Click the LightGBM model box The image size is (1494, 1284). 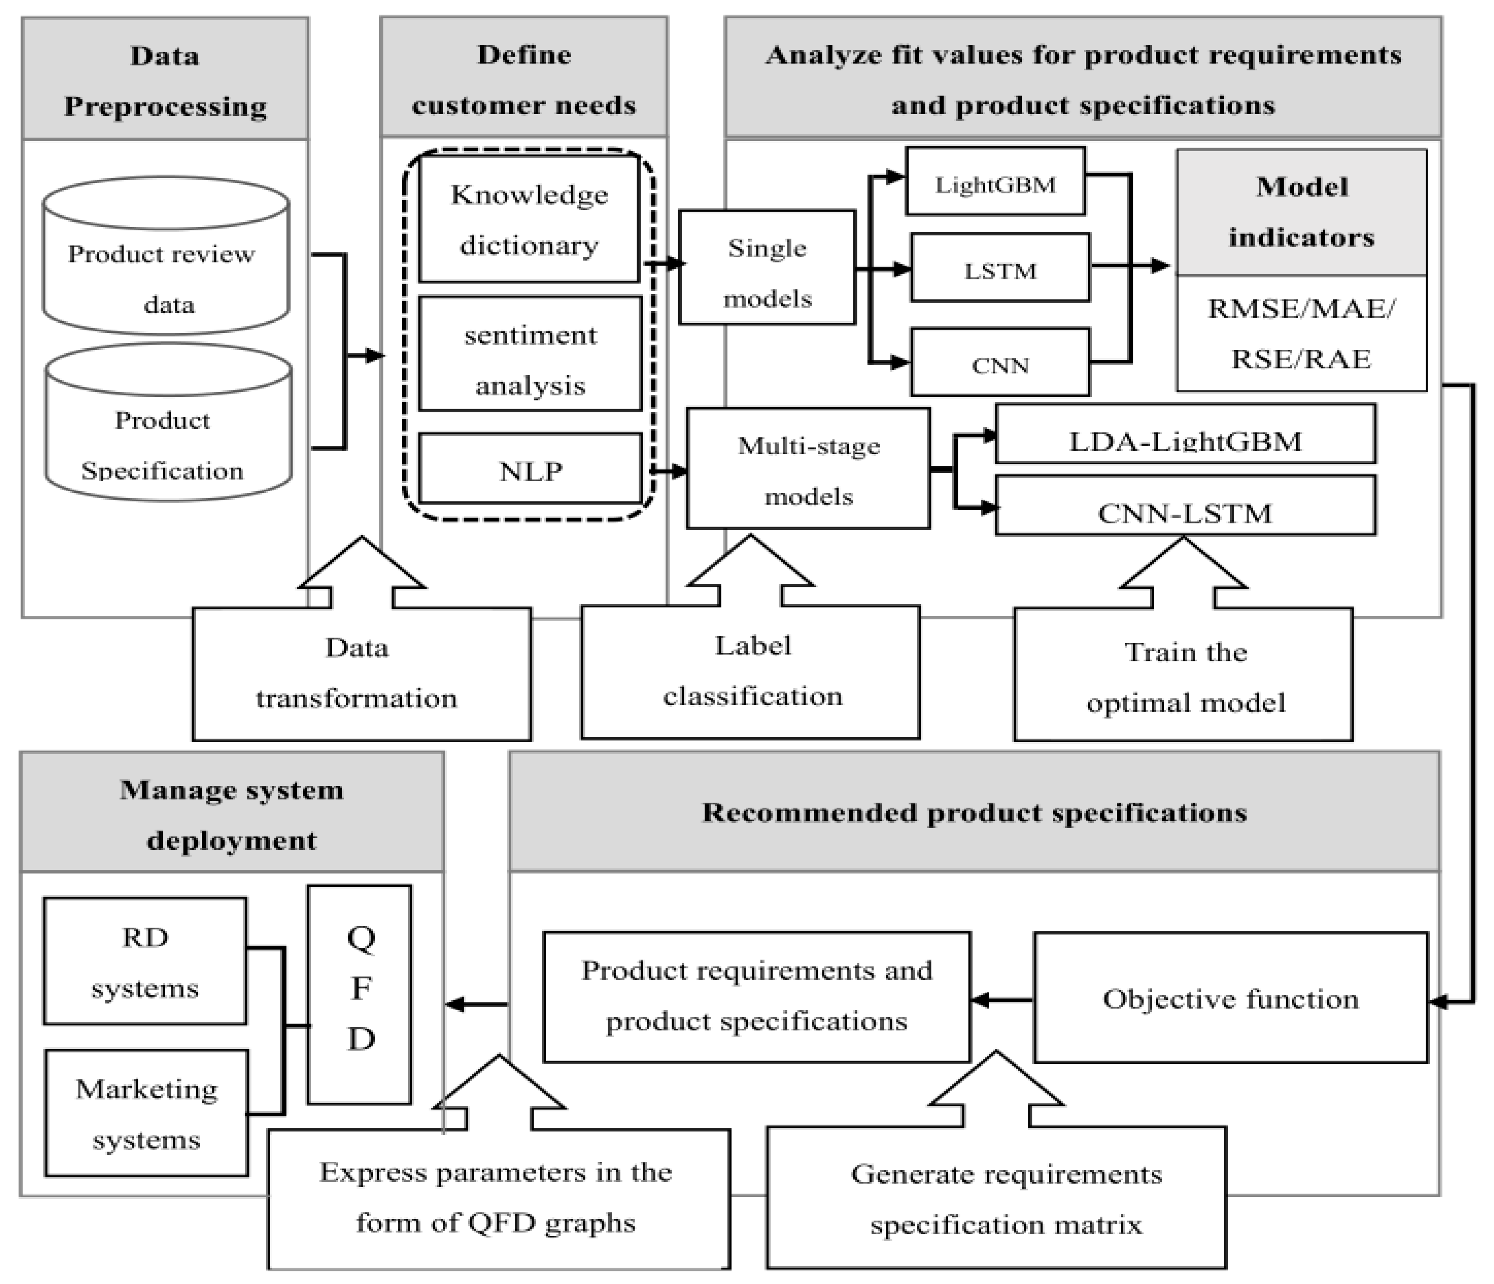995,182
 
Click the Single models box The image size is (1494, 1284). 767,267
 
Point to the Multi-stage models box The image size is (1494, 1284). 808,469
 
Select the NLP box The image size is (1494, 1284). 530,469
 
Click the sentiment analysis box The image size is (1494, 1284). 530,355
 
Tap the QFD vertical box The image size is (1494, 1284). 360,995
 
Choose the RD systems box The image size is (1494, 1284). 145,962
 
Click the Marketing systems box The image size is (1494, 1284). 146,1113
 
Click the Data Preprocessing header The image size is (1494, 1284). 165,79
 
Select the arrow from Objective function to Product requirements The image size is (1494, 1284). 1002,1000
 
